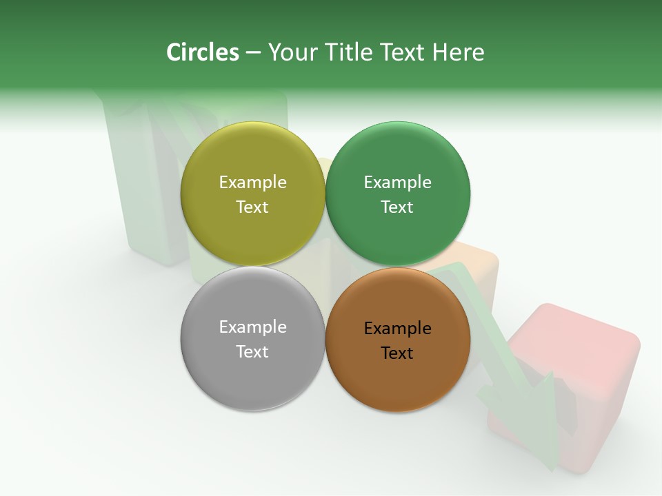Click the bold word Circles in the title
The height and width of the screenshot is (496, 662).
(x=202, y=52)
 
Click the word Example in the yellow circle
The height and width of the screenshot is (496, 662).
(x=252, y=182)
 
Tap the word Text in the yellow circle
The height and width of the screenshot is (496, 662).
(x=252, y=207)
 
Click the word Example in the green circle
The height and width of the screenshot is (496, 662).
(x=397, y=182)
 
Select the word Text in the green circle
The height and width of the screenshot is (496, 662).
(x=397, y=207)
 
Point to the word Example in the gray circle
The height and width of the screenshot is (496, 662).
(x=252, y=327)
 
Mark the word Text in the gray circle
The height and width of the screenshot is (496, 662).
(x=252, y=351)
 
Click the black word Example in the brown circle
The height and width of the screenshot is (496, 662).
(x=397, y=328)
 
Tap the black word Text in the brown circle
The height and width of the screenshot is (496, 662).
(x=397, y=353)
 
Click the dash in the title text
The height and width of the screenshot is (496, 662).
(x=252, y=52)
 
